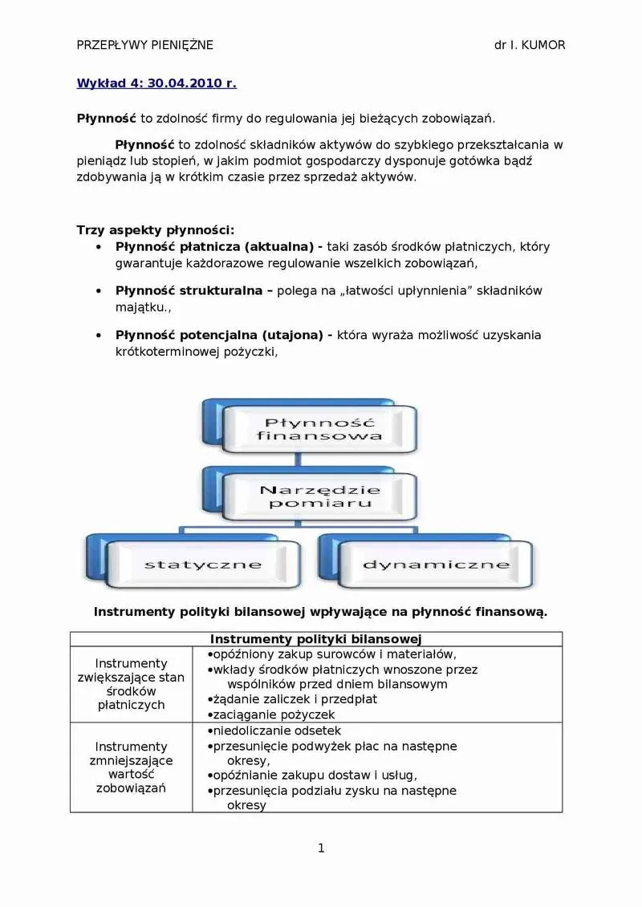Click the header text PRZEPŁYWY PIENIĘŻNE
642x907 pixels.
coord(144,45)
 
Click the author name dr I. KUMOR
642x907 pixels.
coord(530,45)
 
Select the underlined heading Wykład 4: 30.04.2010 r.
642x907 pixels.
coord(156,83)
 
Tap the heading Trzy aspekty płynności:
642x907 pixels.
coord(155,230)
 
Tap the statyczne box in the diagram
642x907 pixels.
coord(202,565)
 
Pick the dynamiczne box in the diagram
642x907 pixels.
coord(436,565)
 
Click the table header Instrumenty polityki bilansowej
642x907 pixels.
coord(316,639)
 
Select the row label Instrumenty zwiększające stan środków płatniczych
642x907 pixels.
coord(131,684)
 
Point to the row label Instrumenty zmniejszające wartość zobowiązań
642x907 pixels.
coord(131,767)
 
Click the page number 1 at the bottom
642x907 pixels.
coord(321,848)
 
